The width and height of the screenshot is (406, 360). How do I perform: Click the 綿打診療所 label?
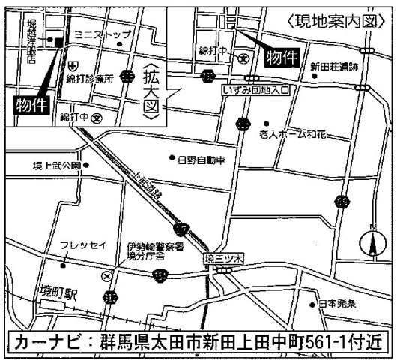89,79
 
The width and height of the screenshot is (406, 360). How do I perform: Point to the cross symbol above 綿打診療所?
72,66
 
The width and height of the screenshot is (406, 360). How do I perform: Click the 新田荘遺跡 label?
335,67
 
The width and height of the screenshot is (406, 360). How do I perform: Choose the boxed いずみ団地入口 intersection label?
255,88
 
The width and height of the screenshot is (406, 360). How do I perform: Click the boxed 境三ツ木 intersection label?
224,259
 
